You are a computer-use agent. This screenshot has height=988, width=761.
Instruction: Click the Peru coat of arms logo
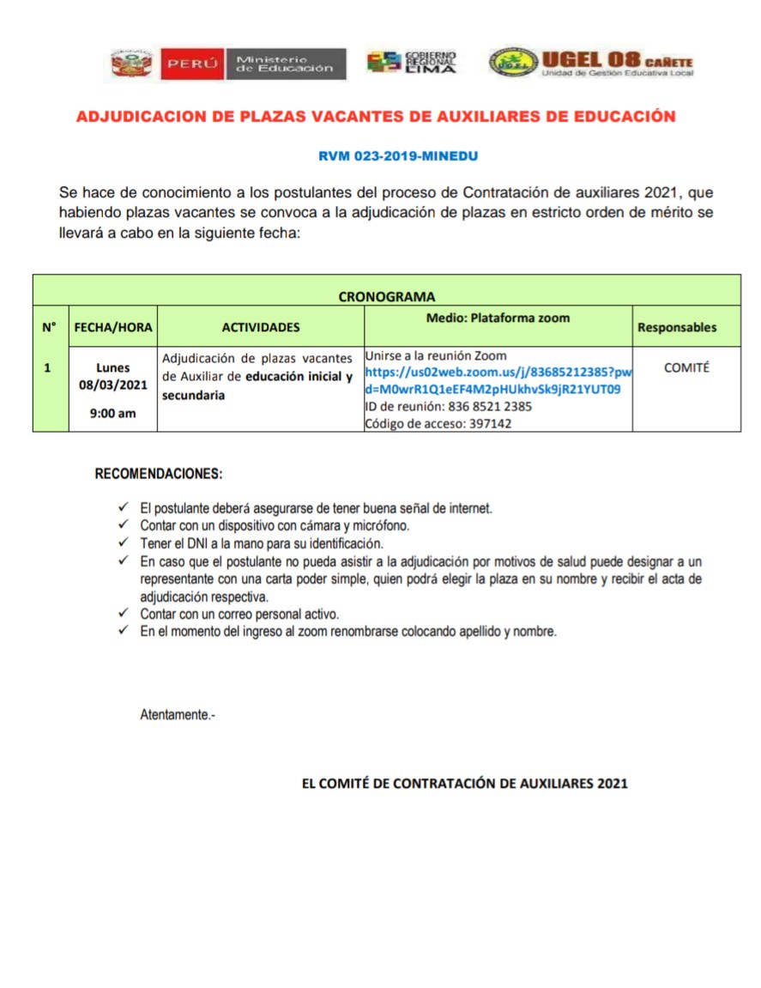point(130,64)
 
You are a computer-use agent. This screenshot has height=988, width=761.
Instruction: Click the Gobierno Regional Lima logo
point(412,63)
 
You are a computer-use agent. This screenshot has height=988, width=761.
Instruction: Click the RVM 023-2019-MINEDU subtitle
point(397,156)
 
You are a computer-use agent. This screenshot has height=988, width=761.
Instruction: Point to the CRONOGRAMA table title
point(386,297)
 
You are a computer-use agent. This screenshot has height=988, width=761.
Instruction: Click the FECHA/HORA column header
point(113,327)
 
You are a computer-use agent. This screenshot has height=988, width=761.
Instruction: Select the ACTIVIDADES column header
point(261,327)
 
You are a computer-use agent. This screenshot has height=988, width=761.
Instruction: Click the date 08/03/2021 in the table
point(113,385)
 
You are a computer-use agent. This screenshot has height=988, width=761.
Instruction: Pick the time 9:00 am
point(113,413)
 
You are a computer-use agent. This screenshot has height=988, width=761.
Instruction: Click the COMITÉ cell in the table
point(686,367)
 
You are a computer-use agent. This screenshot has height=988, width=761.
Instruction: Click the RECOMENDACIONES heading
point(158,474)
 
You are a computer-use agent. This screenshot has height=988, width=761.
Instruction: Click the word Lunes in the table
point(113,367)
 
